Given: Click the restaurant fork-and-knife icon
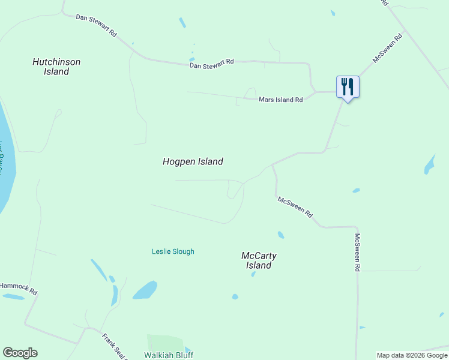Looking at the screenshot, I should pos(347,87).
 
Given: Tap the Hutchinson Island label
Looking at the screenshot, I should pos(56,67).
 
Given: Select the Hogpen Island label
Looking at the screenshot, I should pos(193,161).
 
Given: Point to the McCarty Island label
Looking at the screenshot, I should pos(259,260).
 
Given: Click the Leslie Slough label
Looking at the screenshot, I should pos(173,251).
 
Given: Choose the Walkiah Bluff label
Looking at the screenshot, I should pos(169,355).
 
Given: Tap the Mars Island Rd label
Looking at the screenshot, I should pos(280,100).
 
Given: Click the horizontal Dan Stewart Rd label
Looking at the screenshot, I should pos(211,63).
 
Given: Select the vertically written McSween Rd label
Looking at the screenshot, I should pos(357,252).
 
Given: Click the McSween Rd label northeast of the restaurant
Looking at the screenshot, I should pos(387,48).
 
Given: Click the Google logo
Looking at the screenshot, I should pos(20,353).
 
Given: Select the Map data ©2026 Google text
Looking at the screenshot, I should pos(411,355).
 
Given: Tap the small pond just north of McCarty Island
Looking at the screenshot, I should pos(280,235).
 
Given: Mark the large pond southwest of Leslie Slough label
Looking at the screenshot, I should pos(145,290).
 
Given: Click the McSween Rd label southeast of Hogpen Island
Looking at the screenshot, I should pos(295,208).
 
